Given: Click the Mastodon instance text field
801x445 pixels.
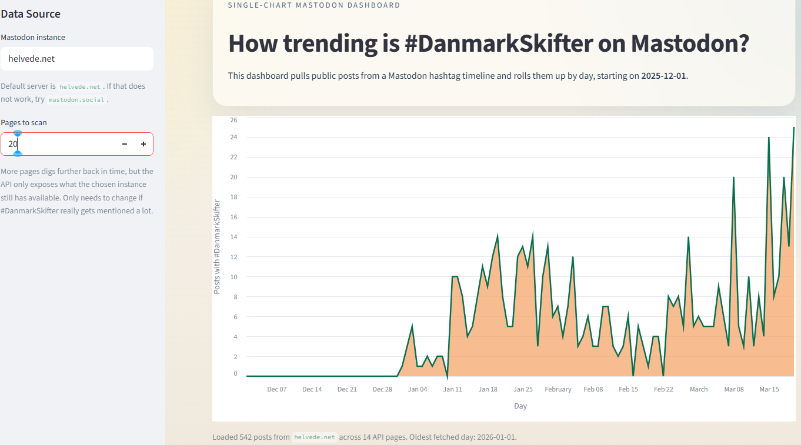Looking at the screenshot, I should coord(76,59).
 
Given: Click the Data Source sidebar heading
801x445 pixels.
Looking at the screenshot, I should coord(31,14).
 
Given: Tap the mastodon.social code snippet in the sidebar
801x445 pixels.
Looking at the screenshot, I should coord(76,100).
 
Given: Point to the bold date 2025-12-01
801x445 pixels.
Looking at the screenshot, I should coord(663,76).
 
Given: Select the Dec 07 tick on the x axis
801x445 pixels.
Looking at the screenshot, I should coord(276,389).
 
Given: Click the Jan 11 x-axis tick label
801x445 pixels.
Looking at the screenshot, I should coord(453,389).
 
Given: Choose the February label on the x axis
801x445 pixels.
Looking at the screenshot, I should coord(558,389).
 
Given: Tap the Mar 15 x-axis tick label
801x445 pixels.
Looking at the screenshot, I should coord(769,389).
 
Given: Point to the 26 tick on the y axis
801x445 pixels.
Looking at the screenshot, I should coord(233,120).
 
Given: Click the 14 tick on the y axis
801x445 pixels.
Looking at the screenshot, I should coord(233,237).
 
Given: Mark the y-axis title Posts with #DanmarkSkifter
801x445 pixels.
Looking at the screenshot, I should coord(217,247).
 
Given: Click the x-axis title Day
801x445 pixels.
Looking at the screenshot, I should coord(520,406).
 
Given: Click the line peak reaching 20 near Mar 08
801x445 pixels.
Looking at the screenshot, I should coord(733,178).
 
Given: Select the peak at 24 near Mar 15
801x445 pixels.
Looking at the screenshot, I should coord(769,138).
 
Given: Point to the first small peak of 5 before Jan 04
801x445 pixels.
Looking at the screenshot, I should coord(412,326).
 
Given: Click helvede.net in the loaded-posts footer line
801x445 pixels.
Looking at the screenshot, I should coord(315,437).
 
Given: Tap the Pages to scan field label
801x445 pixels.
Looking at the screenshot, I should coord(24,123).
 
